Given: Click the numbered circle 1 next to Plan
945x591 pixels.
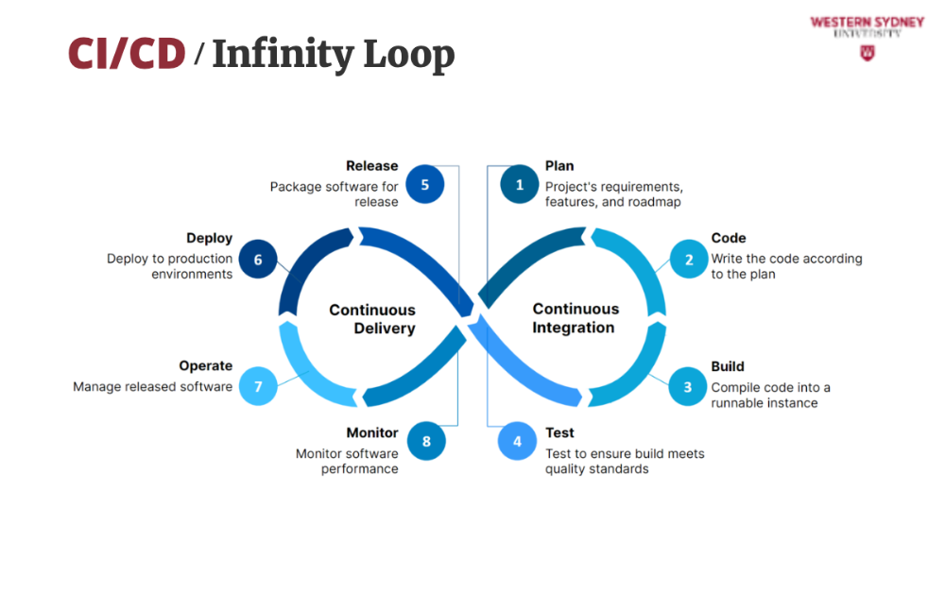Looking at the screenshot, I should [519, 185].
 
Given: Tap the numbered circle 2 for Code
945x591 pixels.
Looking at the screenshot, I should [689, 260].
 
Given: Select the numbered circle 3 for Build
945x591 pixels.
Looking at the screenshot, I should [688, 387].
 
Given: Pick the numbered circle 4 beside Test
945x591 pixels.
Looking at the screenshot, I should [517, 441].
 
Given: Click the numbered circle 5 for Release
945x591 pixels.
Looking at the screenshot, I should [425, 185].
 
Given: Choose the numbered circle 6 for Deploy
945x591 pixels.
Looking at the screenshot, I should [257, 259].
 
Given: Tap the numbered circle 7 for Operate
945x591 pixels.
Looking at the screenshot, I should [257, 386].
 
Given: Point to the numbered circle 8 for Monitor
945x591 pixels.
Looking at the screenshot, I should [426, 441].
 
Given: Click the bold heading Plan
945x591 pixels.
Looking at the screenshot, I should [559, 166].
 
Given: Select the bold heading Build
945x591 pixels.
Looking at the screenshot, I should [728, 366].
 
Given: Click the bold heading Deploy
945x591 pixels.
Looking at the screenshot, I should [209, 239].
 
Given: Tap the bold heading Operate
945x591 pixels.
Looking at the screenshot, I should [205, 365].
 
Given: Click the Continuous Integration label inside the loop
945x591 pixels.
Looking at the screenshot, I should [575, 318].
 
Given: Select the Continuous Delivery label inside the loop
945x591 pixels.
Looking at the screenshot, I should [372, 319].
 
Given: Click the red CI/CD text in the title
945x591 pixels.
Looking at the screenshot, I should [127, 54].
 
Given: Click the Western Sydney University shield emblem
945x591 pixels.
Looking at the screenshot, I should [867, 54].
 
